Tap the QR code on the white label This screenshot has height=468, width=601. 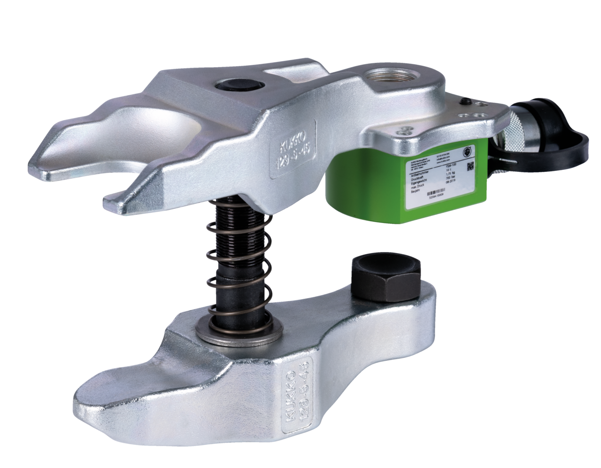[472, 166]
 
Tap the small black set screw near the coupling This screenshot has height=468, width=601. [466, 100]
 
